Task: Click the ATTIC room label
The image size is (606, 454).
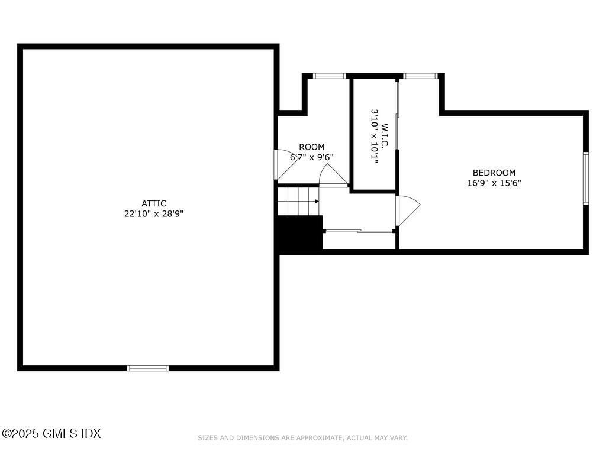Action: pyautogui.click(x=153, y=203)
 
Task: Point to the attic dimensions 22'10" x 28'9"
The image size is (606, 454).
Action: pyautogui.click(x=153, y=214)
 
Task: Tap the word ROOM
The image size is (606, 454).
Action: pyautogui.click(x=311, y=147)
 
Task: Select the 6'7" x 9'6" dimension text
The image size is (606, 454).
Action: pyautogui.click(x=311, y=157)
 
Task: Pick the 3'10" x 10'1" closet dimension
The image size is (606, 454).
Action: pyautogui.click(x=374, y=135)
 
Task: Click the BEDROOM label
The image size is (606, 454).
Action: pyautogui.click(x=494, y=173)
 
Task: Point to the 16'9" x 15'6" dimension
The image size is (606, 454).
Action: pyautogui.click(x=494, y=183)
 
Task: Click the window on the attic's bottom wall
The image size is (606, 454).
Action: pyautogui.click(x=148, y=368)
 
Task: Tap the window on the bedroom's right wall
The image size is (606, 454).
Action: pyautogui.click(x=585, y=179)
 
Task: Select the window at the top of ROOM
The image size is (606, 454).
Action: pyautogui.click(x=329, y=76)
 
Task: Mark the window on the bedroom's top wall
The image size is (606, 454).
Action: pyautogui.click(x=420, y=76)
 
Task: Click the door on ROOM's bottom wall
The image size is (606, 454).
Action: pyautogui.click(x=333, y=176)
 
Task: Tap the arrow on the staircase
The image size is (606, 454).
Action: pyautogui.click(x=317, y=202)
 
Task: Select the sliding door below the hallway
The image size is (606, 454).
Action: pyautogui.click(x=359, y=231)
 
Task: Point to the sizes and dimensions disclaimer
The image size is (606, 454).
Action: pyautogui.click(x=302, y=438)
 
